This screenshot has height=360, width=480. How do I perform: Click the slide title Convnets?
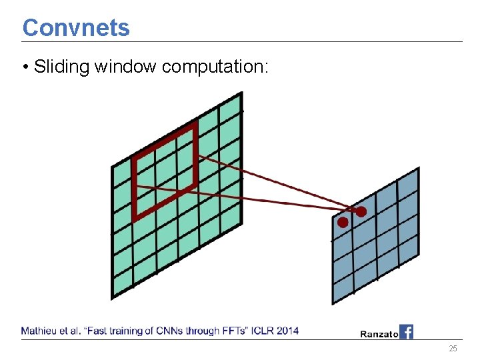click(76, 28)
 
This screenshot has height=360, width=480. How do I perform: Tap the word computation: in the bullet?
click(215, 67)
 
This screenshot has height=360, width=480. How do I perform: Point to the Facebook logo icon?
click(407, 331)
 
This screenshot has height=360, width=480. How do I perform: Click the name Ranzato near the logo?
click(379, 334)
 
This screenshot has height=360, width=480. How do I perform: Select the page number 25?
click(453, 349)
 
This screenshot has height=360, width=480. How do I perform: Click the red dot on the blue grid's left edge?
click(343, 223)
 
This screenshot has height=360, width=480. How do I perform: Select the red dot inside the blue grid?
click(361, 211)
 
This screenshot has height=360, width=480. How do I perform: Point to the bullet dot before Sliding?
click(25, 67)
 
